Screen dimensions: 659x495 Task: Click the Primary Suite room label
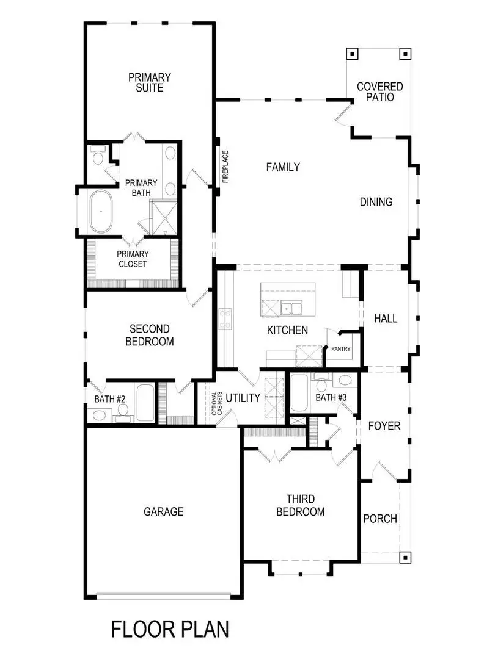coord(149,82)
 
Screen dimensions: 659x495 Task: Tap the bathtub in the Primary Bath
coord(100,211)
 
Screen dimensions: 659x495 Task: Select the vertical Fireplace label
coord(225,167)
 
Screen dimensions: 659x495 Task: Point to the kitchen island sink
coord(291,308)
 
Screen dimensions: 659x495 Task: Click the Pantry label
coord(340,349)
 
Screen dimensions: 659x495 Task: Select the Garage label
coord(163,511)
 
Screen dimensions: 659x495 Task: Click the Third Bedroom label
coord(300,505)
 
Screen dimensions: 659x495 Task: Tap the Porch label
coord(380,519)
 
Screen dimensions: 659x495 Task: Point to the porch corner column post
coord(403,558)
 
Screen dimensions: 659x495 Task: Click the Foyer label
coord(384,425)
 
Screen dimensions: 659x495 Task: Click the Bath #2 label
coord(110,399)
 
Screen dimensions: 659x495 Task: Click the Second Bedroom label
coord(149,335)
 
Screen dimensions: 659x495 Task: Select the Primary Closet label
coord(133,259)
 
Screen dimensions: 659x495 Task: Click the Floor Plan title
coord(170,629)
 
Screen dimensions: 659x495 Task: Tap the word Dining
coord(376,202)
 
